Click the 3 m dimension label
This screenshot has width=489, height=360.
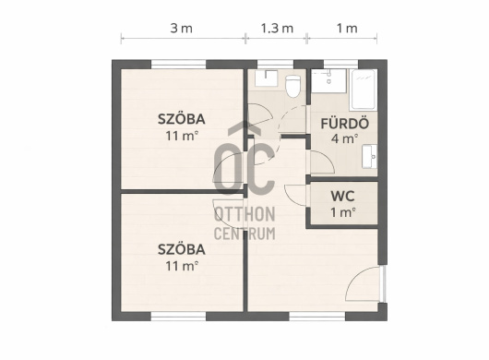181,29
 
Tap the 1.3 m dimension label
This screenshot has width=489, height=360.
277,29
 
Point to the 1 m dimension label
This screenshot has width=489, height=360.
347,29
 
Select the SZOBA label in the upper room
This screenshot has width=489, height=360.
181,119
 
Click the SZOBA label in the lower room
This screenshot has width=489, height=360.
181,249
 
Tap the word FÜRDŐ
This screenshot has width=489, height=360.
345,123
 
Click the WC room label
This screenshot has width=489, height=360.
342,197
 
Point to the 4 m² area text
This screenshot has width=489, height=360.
344,138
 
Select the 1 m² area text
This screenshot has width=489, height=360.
342,212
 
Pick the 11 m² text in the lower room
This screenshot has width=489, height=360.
182,266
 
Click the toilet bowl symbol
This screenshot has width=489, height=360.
292,86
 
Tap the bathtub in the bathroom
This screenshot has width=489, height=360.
364,90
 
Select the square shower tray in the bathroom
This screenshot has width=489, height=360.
328,81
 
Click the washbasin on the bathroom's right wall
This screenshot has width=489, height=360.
369,156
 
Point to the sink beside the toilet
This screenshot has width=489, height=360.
266,78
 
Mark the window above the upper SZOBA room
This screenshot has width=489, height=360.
178,65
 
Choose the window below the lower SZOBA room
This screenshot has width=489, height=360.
178,317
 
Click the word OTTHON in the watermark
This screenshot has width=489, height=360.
244,214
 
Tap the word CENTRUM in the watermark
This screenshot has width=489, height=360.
244,234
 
